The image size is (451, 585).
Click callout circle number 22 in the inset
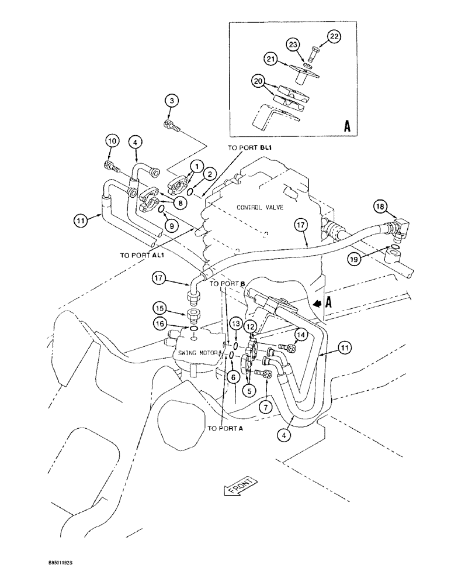click(334, 36)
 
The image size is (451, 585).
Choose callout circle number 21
click(287, 59)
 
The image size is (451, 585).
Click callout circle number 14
click(300, 333)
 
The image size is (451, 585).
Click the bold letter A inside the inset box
click(347, 126)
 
